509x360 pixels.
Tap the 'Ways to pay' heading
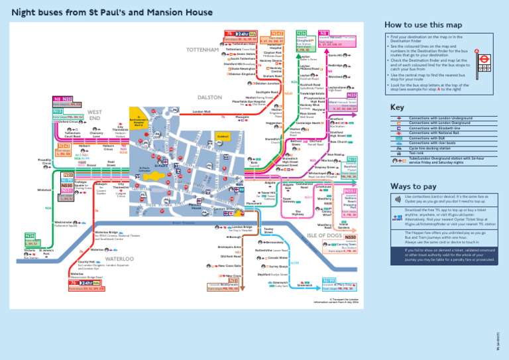coord(409,186)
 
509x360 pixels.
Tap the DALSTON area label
coord(210,97)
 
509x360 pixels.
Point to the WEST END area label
coord(94,115)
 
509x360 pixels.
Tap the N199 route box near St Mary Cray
coord(329,281)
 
